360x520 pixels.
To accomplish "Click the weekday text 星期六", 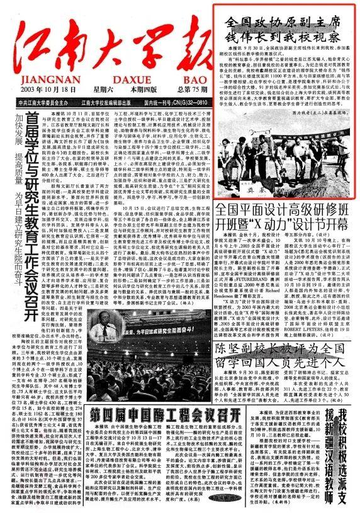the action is (x=95, y=90).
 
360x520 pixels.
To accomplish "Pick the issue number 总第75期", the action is (x=181, y=90).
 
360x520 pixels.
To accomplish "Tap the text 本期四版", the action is (x=133, y=90).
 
